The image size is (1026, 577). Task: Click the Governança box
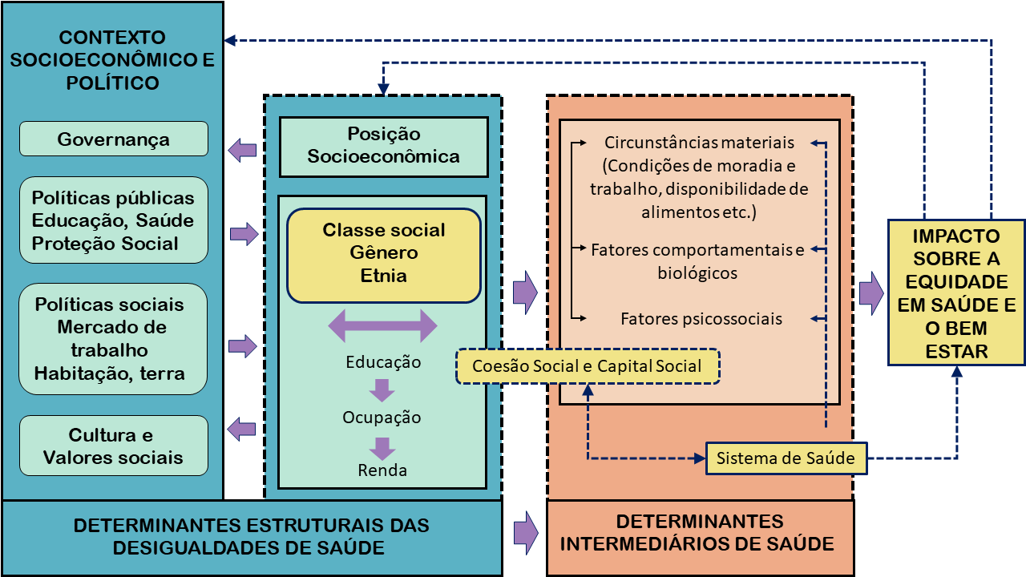[113, 139]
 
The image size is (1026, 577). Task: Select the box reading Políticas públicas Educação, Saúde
[113, 220]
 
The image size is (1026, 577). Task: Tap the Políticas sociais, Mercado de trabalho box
[113, 338]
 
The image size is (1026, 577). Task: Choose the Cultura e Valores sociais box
[113, 446]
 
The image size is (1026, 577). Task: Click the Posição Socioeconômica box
[383, 146]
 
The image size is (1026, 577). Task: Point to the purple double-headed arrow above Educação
[383, 326]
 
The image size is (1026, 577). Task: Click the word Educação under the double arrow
[383, 361]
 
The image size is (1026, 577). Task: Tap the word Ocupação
[382, 418]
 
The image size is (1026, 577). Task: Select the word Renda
[382, 470]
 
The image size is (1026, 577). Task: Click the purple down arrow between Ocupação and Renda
[382, 446]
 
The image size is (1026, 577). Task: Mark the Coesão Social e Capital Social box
[588, 366]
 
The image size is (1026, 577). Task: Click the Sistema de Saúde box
[786, 458]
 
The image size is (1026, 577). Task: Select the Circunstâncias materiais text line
[699, 143]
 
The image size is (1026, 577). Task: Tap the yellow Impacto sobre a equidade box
[955, 293]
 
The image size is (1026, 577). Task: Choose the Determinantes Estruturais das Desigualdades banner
[252, 536]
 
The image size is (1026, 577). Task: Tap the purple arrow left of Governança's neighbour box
[242, 150]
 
